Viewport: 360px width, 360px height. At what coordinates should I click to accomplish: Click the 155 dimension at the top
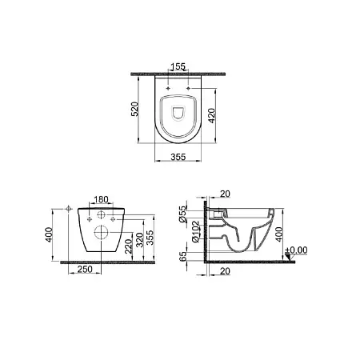178,66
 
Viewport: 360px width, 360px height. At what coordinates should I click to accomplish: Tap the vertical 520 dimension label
135,109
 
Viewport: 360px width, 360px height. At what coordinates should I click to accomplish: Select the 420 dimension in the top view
211,115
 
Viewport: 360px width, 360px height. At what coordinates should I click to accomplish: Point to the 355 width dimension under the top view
178,157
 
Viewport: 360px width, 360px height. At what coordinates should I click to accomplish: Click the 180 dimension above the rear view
102,199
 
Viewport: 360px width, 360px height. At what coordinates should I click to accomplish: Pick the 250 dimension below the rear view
85,270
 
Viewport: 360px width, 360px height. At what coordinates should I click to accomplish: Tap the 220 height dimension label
128,246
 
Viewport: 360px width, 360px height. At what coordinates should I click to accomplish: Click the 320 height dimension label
139,240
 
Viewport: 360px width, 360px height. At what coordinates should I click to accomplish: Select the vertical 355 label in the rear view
150,238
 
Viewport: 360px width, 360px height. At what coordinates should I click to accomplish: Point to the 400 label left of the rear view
49,234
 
